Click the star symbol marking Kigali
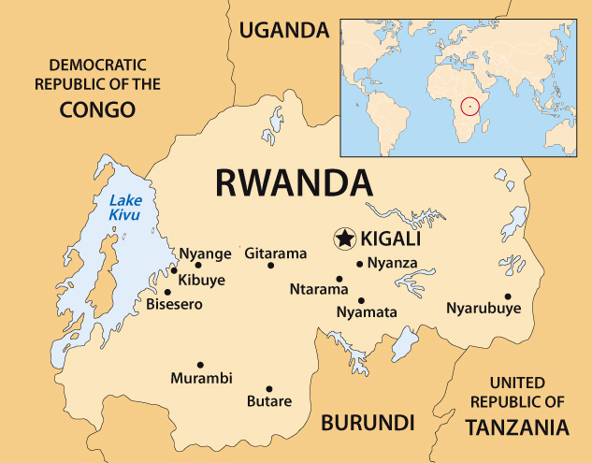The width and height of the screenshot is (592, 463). coord(344,239)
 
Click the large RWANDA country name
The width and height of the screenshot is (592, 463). coord(294,181)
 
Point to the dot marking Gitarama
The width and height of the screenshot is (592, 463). coord(271,266)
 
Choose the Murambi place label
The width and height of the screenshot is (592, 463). coord(201,379)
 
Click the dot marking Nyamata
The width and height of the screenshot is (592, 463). coord(361,300)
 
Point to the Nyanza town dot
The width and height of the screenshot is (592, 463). coord(359,264)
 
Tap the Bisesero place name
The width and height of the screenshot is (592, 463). coord(174,305)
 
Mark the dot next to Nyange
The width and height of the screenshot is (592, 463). coord(174,270)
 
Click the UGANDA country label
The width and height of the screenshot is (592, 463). coord(284,31)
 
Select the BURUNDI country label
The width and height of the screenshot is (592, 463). coord(368,422)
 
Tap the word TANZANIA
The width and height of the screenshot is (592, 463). coord(516,427)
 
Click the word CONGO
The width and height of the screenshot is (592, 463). coord(97,110)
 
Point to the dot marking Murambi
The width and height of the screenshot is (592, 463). coord(200,365)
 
